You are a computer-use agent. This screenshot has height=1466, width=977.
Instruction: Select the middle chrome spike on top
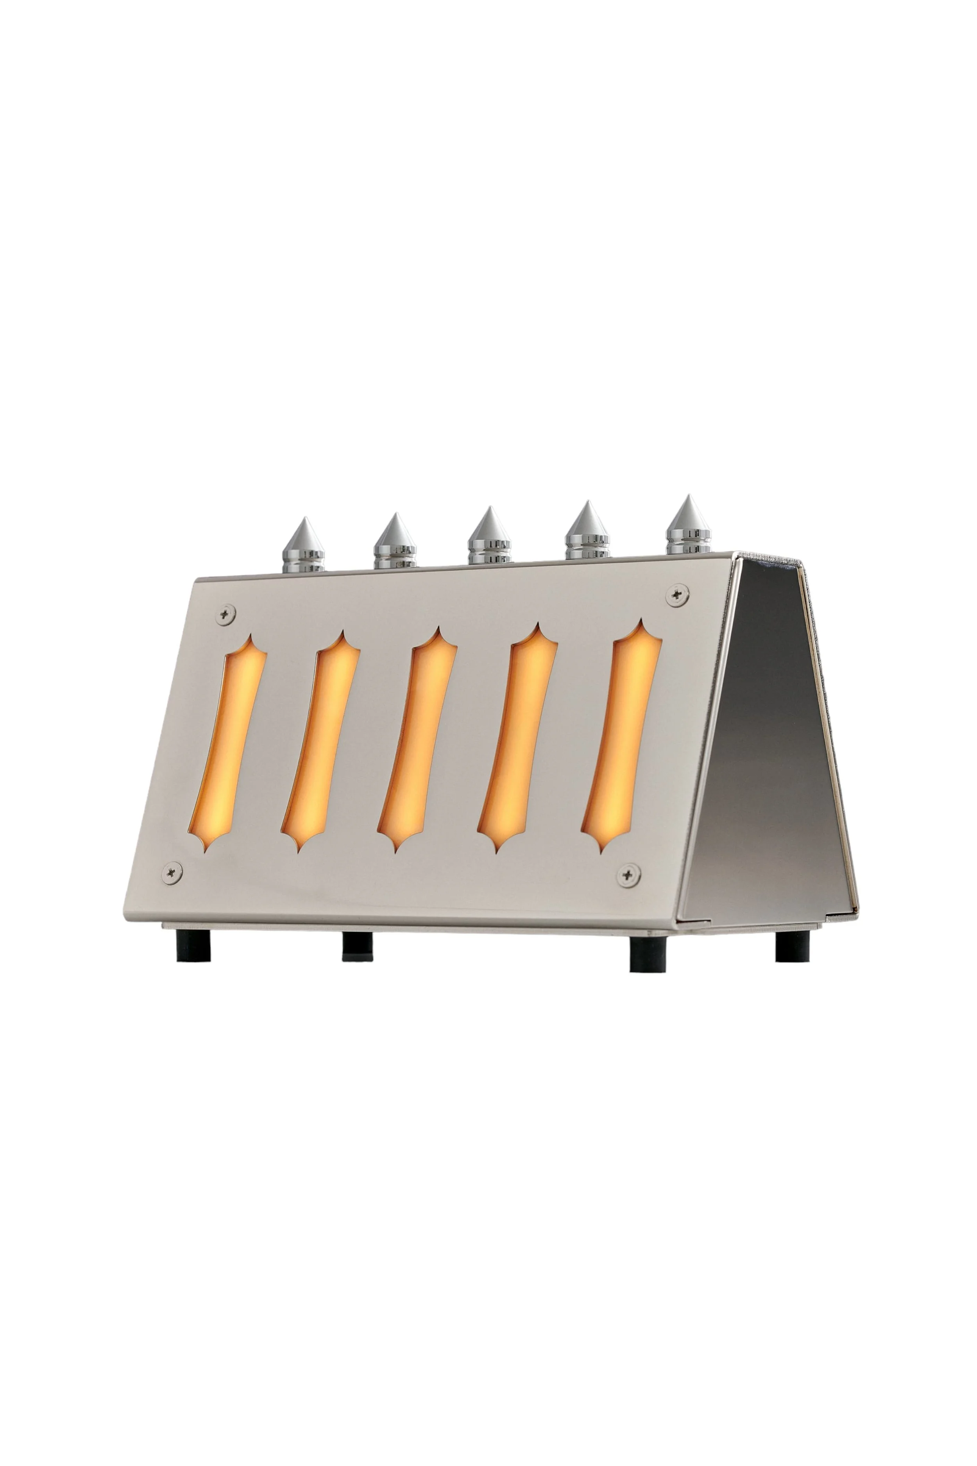click(x=489, y=537)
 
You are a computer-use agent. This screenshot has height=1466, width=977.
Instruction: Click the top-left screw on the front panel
click(x=225, y=614)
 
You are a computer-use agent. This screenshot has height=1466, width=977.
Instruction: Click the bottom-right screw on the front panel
click(x=629, y=875)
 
